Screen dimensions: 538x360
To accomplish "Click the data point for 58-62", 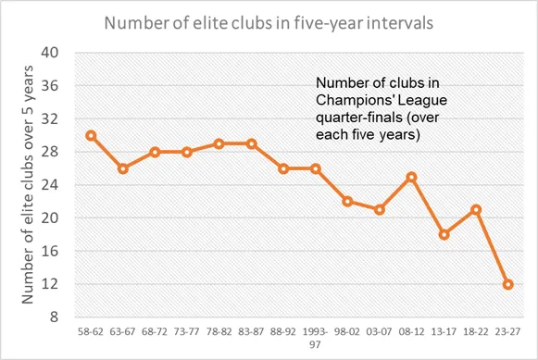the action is point(91,136).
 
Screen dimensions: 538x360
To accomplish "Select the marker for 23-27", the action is point(507,284).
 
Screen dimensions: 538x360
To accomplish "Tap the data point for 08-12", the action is point(412,178).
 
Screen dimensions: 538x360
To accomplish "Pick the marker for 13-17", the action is point(444,235).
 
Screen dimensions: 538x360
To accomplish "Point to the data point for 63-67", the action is point(123,168).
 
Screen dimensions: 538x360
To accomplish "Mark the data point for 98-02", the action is point(347,202).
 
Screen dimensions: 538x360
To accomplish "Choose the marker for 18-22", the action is point(476,210).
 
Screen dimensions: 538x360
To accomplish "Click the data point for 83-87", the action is point(252,144).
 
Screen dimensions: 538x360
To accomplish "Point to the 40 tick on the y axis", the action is point(50,53).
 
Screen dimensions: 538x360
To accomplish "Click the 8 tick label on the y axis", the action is point(55,317).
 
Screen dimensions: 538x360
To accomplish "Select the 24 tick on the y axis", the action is point(50,185).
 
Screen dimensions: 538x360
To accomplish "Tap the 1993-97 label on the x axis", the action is point(316,338).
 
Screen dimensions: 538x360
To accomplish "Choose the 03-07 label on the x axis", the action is point(380,332).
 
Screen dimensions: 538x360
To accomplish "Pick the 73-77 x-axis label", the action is point(187,332).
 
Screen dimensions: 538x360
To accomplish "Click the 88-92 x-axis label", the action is point(283,332).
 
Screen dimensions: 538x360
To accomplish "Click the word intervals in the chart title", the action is point(400,23).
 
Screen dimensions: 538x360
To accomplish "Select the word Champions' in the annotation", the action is point(351,100).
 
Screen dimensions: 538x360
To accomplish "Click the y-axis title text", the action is point(28,184).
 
